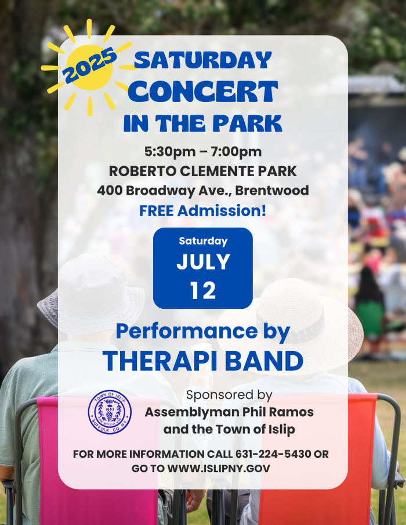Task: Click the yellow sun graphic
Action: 89,68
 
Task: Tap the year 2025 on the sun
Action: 89,65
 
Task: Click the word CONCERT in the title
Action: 203,92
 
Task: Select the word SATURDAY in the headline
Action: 203,60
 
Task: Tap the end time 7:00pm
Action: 237,152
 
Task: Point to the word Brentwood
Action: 272,191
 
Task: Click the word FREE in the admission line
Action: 156,211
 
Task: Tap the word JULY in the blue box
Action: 203,262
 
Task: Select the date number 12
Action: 203,290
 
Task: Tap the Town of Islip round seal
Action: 110,412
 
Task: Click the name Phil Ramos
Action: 278,412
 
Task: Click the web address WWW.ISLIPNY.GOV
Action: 219,468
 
